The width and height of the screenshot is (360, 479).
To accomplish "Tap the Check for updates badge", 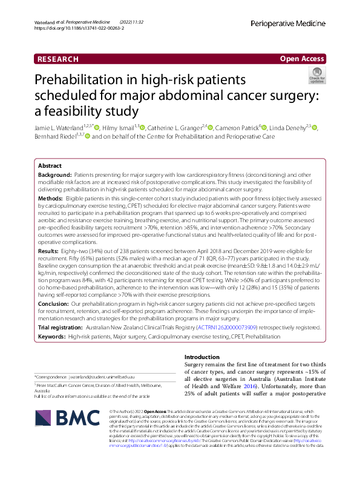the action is pos(316,75).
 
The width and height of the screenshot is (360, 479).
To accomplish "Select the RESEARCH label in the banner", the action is pos(58,59).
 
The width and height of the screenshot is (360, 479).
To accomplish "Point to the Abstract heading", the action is pos(50,165).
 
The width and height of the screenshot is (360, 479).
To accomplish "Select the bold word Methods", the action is pos(50,198).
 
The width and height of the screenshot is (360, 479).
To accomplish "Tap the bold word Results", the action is pos(48,249).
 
